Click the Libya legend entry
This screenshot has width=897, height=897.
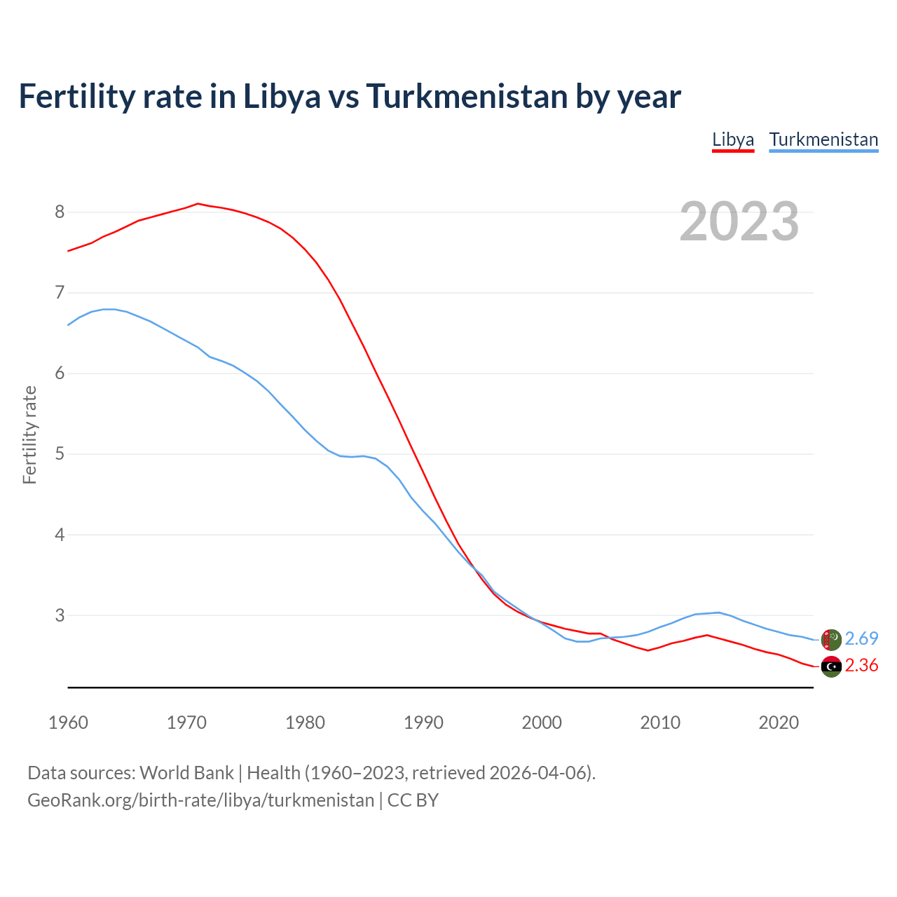point(733,139)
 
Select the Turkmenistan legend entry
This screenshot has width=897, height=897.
point(823,139)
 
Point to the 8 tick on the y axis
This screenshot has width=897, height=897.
point(60,212)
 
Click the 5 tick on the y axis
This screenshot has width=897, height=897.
point(60,454)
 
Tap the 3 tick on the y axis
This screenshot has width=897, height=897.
point(60,615)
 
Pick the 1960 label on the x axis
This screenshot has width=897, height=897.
point(68,723)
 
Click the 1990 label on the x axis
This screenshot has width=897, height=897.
point(423,723)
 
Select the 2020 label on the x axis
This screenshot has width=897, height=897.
point(779,723)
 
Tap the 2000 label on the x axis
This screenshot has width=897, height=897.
point(542,723)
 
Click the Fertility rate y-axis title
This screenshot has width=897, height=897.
point(29,434)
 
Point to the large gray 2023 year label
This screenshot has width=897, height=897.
point(739,221)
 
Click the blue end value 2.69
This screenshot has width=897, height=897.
point(861,638)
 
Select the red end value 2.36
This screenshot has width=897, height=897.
point(861,665)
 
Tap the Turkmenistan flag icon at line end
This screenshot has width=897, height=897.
point(831,639)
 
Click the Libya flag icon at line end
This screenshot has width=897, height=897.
point(831,666)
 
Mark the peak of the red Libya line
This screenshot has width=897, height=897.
point(198,203)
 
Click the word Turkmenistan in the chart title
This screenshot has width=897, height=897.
point(467,96)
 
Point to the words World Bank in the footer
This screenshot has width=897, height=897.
point(186,772)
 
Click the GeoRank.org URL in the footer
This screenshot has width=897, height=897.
point(200,800)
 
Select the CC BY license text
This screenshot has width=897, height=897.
point(413,800)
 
